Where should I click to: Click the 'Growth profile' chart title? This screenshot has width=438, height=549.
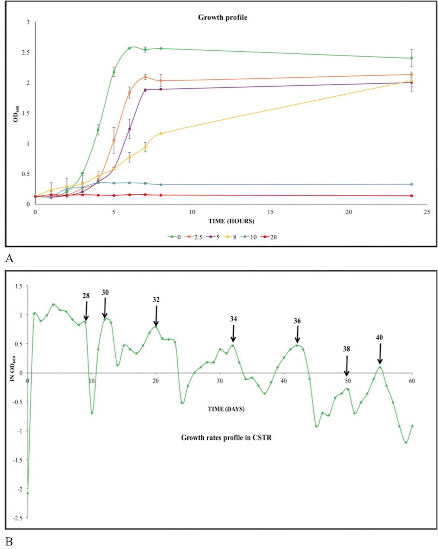pos(222,18)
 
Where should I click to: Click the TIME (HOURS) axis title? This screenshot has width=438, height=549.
pos(231,221)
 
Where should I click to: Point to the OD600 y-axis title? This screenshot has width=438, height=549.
pos(16,114)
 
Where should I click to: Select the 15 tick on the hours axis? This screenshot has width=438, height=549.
pos(270,212)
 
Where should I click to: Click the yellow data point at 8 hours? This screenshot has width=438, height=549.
pos(161,133)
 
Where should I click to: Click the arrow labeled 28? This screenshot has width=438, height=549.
pos(86,311)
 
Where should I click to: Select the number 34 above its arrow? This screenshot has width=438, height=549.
pos(233,319)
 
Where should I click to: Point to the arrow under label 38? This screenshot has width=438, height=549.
pos(346,366)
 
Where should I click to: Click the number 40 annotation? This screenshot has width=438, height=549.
pos(379,338)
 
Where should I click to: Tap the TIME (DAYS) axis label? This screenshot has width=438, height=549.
pos(226,409)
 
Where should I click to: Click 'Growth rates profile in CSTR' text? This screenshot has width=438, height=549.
pos(226,438)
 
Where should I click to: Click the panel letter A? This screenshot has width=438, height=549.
pos(9,258)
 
